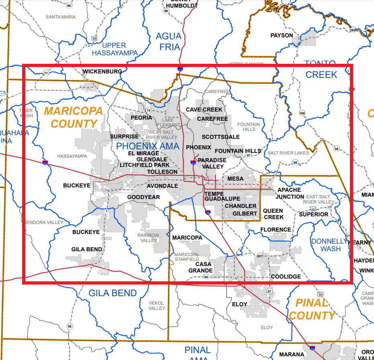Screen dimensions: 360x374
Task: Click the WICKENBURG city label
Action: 102,72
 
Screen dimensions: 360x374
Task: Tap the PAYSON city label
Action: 282,35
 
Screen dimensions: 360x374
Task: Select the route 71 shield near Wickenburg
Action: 46,73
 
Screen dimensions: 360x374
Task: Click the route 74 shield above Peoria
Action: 148,110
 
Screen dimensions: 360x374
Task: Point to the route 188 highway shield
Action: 302,113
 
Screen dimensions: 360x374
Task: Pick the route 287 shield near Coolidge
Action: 260,256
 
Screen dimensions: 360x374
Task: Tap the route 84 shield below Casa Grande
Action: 206,277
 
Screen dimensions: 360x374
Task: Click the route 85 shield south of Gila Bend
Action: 70,326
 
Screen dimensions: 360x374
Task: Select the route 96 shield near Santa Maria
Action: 69,5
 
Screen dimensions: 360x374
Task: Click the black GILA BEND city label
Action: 87,249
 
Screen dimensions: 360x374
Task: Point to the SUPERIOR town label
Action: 313,214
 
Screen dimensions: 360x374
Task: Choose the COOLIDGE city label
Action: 286,277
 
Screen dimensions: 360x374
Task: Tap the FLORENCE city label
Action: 276,230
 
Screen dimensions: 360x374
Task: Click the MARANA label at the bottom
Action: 292,354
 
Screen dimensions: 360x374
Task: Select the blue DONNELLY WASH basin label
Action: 329,245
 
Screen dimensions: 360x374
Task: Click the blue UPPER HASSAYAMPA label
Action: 114,49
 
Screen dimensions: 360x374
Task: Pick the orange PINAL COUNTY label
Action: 312,309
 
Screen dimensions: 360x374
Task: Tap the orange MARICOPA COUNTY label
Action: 74,117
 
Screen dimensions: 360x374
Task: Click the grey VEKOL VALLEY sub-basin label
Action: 157,305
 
